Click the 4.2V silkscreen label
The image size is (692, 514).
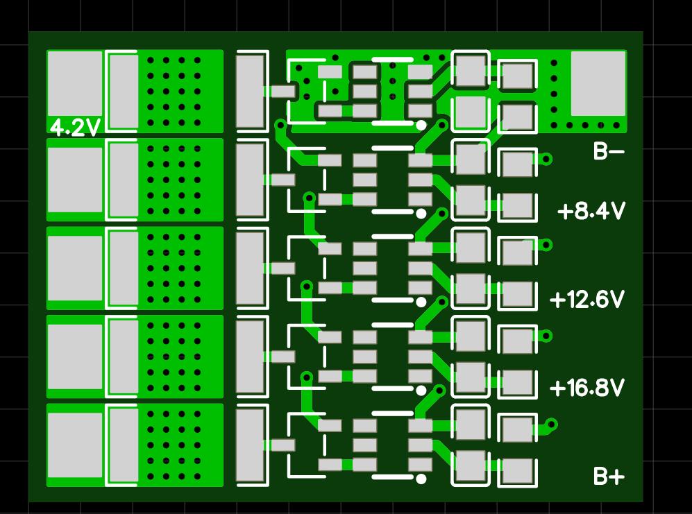[76, 128]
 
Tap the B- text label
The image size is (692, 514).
[609, 151]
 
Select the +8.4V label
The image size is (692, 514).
[592, 211]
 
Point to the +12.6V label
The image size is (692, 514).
[587, 300]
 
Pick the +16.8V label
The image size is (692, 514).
[587, 388]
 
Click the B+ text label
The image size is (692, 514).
[609, 477]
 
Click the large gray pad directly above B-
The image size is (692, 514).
[598, 83]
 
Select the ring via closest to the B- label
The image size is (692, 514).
[546, 159]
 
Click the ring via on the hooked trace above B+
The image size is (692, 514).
[552, 424]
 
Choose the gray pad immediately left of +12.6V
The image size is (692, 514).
[518, 295]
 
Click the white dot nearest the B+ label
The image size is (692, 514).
[421, 479]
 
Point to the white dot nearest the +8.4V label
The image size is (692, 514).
[421, 213]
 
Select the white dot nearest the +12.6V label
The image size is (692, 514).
[421, 302]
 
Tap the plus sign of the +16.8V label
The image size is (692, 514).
[557, 388]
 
